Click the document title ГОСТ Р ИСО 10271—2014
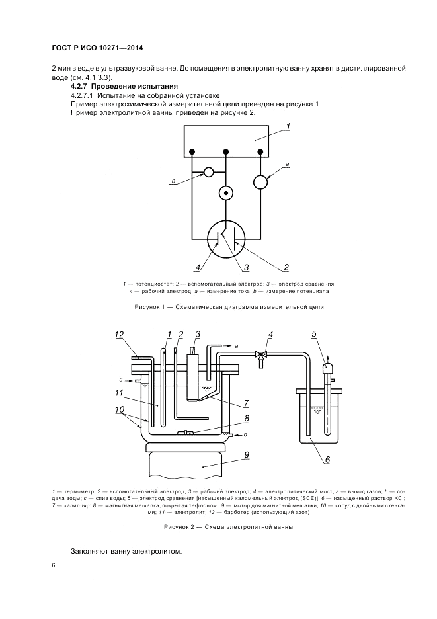coord(97,48)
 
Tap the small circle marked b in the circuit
coord(208,172)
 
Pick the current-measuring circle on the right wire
coord(262,181)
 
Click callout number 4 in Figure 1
coord(197,268)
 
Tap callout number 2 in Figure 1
coord(286,268)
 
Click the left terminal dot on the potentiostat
coord(192,153)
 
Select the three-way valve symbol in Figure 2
coord(262,355)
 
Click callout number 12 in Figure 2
coord(119,335)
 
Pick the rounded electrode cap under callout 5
coord(327,367)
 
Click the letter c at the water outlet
coord(121,380)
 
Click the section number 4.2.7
coord(79,87)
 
